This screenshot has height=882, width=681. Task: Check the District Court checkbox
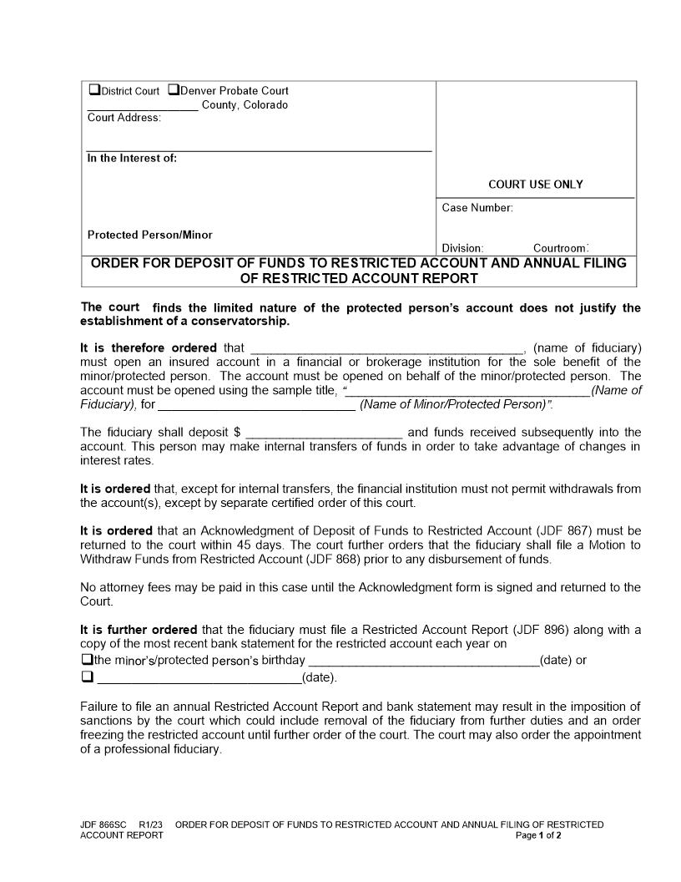click(x=94, y=90)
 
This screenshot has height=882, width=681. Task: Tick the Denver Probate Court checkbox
click(x=174, y=90)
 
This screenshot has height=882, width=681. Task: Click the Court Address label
click(x=124, y=118)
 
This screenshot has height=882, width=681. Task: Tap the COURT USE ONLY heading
click(x=535, y=185)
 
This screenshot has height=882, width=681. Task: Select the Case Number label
click(x=477, y=208)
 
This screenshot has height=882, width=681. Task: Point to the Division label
click(x=463, y=248)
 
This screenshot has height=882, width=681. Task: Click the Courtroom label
click(x=561, y=248)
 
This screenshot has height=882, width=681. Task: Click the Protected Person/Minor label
click(x=150, y=235)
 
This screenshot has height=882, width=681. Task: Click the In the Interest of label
click(x=132, y=158)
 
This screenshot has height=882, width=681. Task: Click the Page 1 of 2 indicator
click(x=539, y=835)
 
